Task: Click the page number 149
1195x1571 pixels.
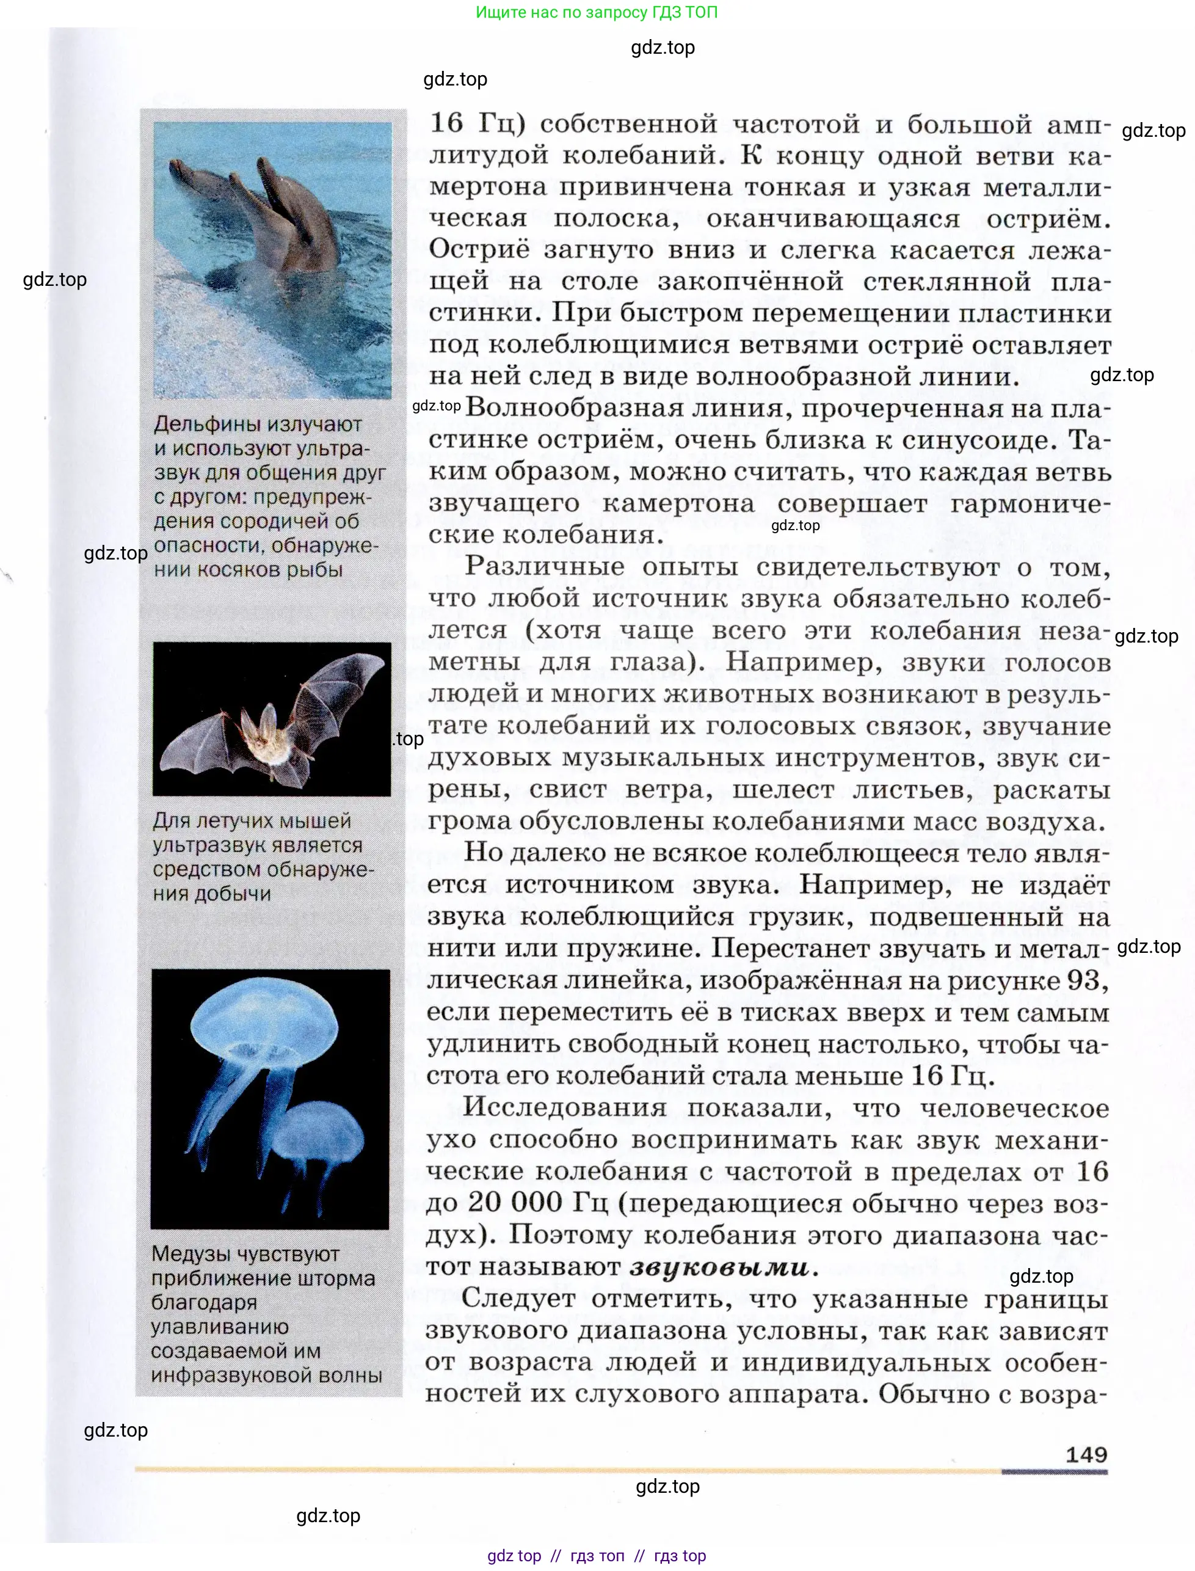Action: pos(1086,1454)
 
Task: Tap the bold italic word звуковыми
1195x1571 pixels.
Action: pos(719,1267)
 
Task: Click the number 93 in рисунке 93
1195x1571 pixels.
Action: pos(1083,980)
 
